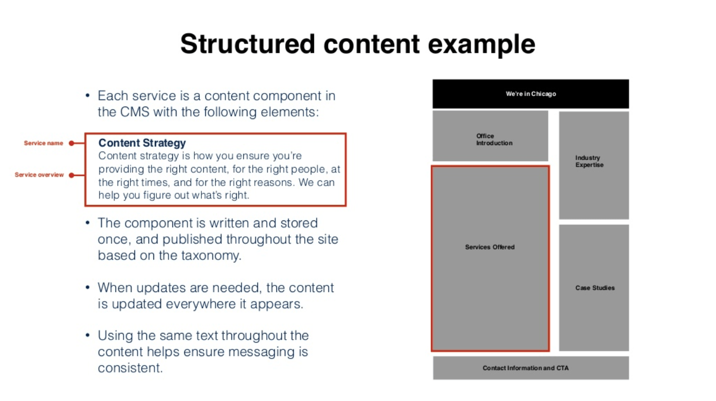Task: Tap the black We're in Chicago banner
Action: [x=530, y=94]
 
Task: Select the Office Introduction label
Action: [x=494, y=139]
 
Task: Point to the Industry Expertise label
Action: [x=589, y=161]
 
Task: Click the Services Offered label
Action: [x=490, y=247]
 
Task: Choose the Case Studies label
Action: [x=595, y=288]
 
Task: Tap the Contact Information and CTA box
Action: [x=530, y=368]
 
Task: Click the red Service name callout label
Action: [x=43, y=143]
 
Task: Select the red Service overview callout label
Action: [x=39, y=175]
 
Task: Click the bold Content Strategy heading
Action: [x=142, y=143]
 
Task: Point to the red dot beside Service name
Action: [x=71, y=143]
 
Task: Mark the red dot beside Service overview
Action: [x=71, y=175]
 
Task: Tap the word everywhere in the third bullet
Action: [x=187, y=303]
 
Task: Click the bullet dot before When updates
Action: [x=88, y=287]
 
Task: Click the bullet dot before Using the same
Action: [x=88, y=335]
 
